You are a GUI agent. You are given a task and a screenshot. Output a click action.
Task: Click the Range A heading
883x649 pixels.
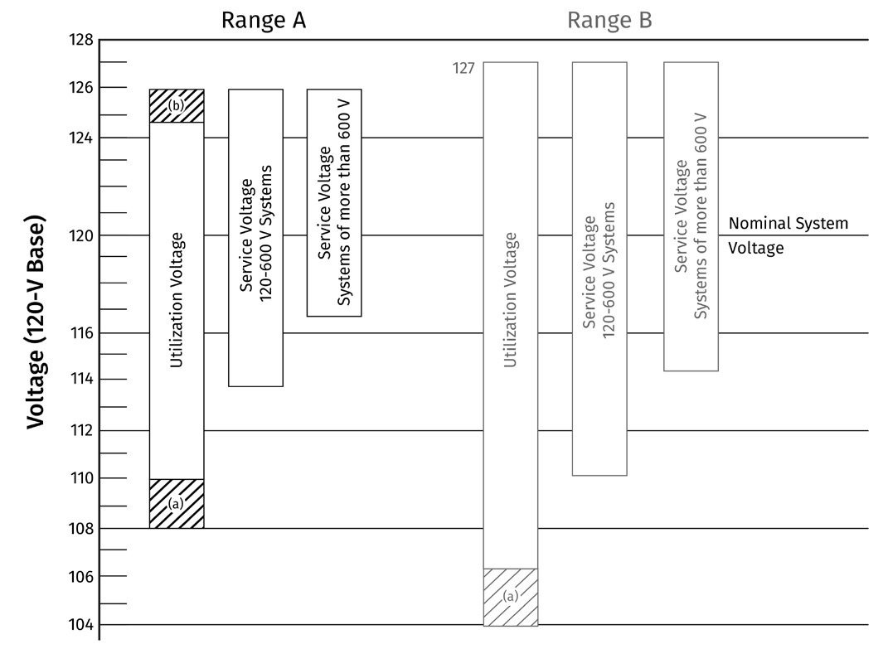[263, 21]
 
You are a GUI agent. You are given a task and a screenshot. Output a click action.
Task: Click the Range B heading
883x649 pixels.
[609, 21]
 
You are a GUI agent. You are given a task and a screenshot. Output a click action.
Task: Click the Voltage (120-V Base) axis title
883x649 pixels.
[36, 323]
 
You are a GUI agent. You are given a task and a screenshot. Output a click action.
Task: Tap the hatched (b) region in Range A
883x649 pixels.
[177, 105]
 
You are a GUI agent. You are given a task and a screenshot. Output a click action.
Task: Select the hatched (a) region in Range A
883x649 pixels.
[177, 503]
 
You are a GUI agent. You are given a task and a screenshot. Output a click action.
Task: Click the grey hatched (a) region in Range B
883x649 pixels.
[511, 597]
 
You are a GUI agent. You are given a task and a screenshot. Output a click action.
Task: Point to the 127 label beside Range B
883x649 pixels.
[463, 68]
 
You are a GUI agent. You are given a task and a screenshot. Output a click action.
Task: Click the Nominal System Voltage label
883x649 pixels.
[788, 235]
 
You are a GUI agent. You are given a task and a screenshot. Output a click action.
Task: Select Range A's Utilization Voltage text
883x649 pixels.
[177, 300]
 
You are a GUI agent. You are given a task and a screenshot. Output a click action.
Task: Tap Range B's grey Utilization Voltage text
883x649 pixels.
[511, 300]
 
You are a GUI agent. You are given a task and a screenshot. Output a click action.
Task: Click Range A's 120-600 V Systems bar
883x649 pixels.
[256, 237]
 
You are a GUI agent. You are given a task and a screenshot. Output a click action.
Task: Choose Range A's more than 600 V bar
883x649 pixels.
[334, 202]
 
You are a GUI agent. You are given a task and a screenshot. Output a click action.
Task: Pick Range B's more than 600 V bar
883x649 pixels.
[691, 216]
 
